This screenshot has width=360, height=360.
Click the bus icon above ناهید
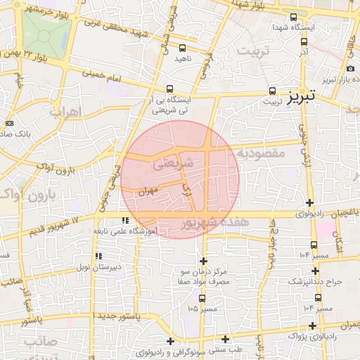point(183,49)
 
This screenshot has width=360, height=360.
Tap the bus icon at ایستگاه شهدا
point(293,17)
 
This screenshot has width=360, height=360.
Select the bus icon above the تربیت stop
point(272,91)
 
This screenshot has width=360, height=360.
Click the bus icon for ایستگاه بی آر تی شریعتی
point(169,89)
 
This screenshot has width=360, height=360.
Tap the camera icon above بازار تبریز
point(350,68)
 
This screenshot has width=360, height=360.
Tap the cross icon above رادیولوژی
point(309,203)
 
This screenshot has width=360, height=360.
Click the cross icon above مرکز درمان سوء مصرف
point(203,261)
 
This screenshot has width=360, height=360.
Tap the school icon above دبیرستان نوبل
point(98,256)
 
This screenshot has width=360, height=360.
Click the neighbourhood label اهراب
point(67,112)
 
